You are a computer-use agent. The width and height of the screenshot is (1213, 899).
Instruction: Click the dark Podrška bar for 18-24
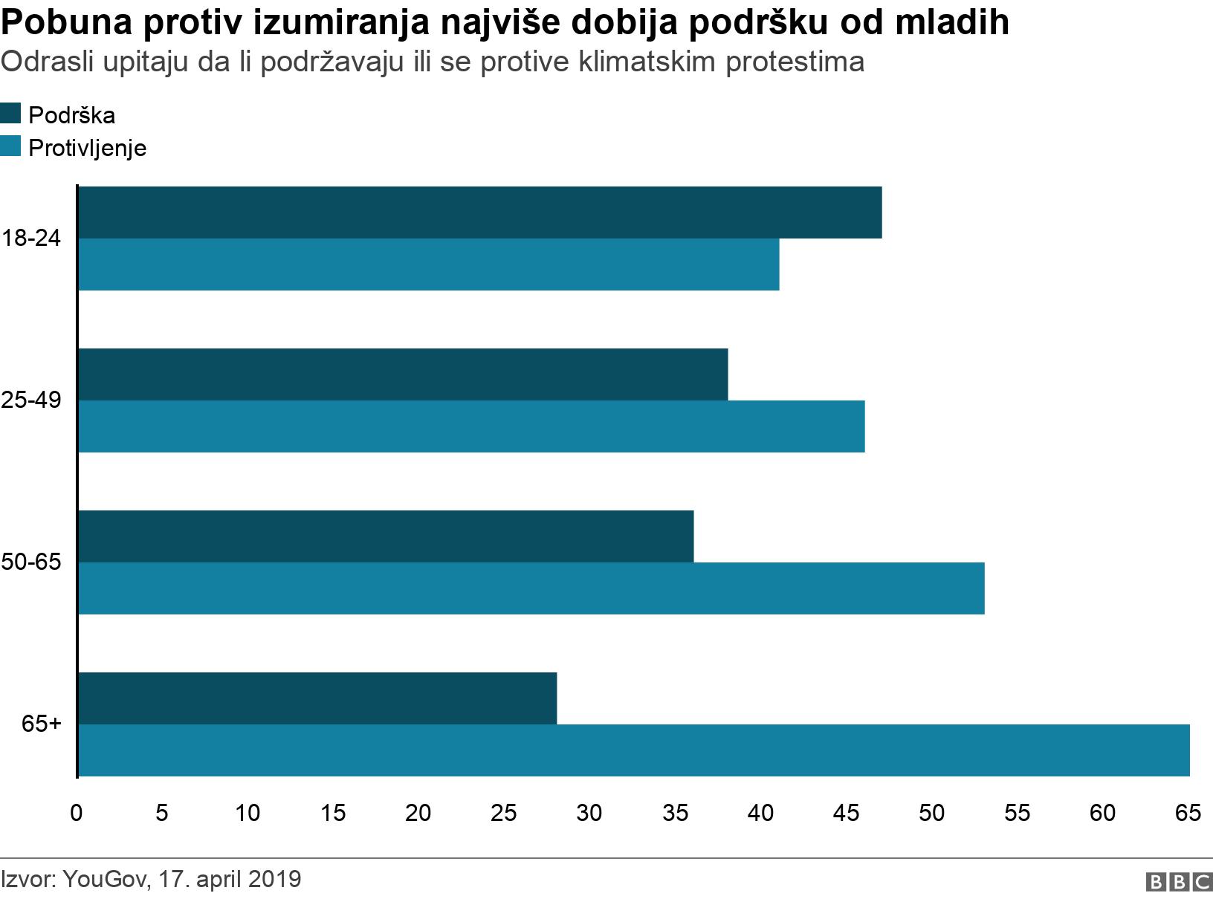479,212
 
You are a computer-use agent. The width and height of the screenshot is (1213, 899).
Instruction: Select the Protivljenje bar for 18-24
428,264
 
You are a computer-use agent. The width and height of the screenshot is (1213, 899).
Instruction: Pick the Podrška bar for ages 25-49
402,374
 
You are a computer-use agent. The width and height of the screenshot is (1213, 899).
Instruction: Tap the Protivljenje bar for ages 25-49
471,426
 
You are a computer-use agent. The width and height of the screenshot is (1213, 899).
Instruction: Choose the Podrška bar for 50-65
385,536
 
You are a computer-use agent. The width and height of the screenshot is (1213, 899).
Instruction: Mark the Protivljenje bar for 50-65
531,588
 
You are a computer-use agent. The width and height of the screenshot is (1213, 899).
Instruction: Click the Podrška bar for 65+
317,698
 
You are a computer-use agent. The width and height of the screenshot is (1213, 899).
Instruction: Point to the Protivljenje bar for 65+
633,750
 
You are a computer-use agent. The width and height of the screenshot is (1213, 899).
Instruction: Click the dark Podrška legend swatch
11,114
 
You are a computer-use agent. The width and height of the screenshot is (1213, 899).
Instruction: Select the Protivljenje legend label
87,148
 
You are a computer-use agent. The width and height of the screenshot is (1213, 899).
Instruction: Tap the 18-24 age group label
30,238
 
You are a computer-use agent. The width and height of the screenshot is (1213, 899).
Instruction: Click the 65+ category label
41,724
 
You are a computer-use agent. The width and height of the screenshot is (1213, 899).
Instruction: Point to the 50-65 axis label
30,562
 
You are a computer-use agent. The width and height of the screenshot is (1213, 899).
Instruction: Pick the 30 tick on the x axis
589,813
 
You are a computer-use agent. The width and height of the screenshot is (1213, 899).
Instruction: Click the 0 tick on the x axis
76,813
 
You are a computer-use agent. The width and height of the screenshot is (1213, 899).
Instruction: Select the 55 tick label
1017,813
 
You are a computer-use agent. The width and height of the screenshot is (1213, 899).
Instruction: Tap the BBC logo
1179,881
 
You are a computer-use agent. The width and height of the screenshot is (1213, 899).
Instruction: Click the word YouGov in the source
107,879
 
